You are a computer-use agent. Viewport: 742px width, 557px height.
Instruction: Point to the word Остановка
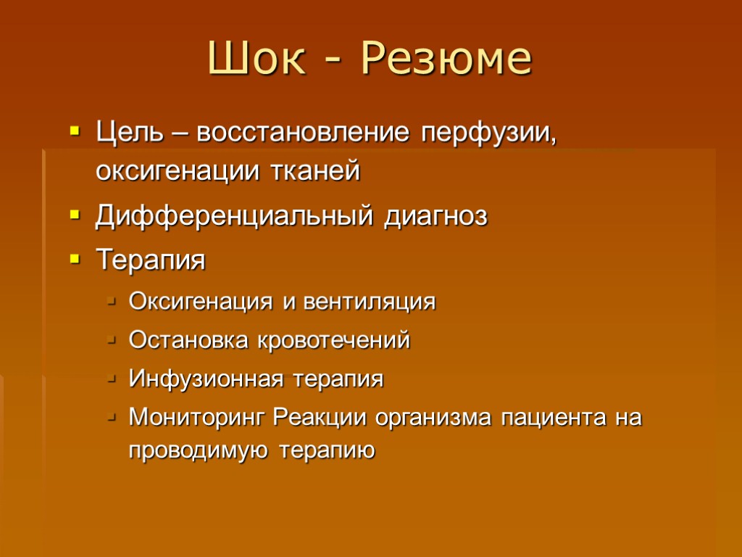click(x=188, y=340)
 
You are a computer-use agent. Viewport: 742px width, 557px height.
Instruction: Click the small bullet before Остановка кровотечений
click(x=110, y=340)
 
